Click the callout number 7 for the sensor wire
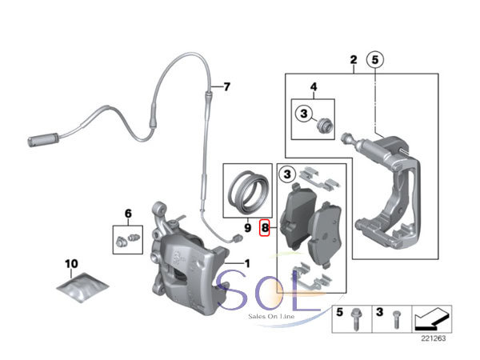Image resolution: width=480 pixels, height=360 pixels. pos(226,86)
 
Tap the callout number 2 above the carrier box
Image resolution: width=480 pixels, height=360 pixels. pos(353,59)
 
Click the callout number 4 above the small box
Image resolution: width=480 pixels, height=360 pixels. pos(314,86)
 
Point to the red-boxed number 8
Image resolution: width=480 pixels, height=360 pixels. pos(266,229)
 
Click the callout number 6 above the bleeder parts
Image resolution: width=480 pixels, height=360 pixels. pos(126,213)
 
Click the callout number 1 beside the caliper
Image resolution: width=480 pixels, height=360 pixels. pos(246,263)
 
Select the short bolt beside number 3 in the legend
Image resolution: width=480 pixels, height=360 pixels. pos(395,322)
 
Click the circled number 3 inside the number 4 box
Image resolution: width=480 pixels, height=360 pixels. pos(303,114)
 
